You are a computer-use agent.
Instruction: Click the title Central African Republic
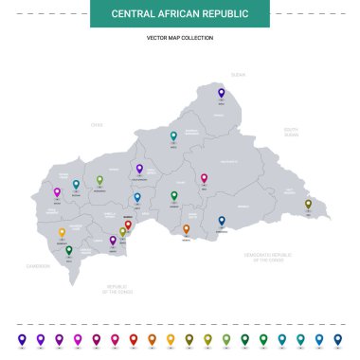point(180,13)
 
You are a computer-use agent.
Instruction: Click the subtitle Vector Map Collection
point(180,38)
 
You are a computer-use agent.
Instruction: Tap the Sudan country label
point(238,74)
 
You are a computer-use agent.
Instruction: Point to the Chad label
point(96,124)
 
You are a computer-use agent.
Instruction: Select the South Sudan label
point(291,132)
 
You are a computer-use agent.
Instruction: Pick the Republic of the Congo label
point(117,287)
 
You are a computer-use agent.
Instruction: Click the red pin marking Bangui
point(128,225)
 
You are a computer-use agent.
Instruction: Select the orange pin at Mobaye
point(186,228)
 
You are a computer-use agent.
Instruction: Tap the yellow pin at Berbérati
point(63,232)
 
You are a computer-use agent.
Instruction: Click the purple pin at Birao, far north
point(221,93)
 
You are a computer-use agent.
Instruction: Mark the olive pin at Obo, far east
point(308,203)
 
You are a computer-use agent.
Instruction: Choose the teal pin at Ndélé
point(173,135)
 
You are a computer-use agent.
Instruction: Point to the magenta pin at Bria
point(204,177)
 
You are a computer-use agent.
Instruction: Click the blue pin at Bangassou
point(222,220)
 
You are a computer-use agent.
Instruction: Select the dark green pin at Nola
point(68,250)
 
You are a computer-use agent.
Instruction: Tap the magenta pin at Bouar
point(57,191)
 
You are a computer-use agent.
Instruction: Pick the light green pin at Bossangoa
point(99,179)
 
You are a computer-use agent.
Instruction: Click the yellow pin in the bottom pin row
point(171,338)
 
